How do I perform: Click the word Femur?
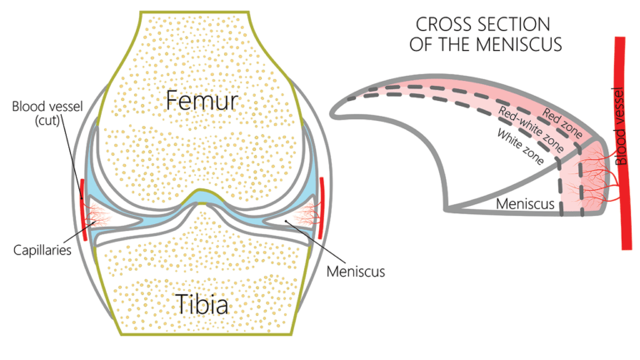click(x=202, y=102)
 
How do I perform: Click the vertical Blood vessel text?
click(x=618, y=124)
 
